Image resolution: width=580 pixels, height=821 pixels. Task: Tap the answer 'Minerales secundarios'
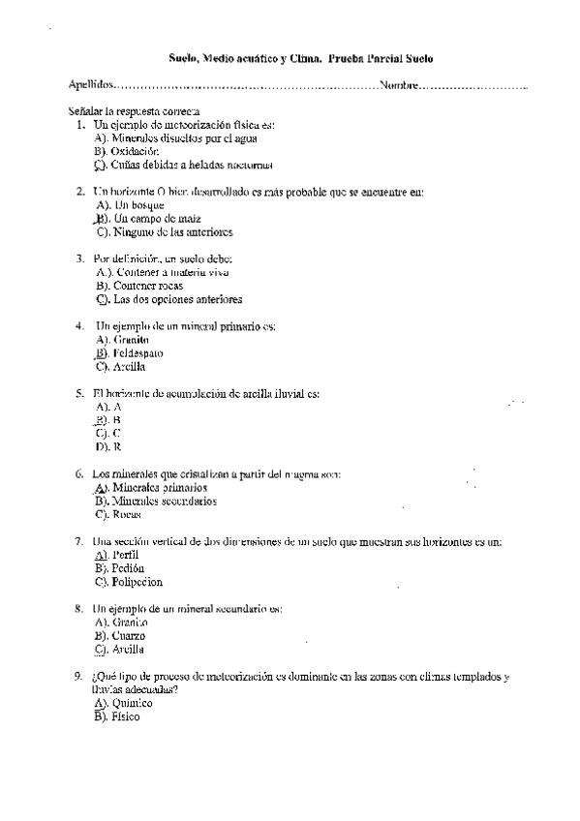click(164, 501)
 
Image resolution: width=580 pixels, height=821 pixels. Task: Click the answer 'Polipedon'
click(137, 582)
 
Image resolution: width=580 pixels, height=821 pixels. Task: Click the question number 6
click(78, 474)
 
